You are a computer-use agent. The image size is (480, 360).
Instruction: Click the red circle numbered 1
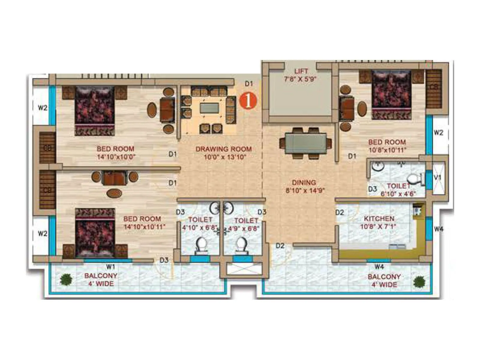pos(248,101)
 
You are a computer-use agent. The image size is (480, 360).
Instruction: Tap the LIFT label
pos(301,71)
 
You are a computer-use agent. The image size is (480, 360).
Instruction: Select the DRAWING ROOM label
pos(223,149)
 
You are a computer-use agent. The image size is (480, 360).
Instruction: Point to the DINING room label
pos(304,182)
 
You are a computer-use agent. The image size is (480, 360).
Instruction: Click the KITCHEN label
pos(379,218)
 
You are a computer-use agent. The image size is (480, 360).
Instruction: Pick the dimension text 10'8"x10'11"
pos(387,150)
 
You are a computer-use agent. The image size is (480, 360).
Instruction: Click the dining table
pos(305,143)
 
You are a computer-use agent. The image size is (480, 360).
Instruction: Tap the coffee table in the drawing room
pos(209,108)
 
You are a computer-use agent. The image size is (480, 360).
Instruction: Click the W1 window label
pos(111,266)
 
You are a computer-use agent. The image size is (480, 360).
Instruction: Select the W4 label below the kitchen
pos(379,266)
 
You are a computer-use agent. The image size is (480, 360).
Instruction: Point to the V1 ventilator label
pos(438,178)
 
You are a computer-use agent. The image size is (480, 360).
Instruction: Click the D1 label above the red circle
pos(249,84)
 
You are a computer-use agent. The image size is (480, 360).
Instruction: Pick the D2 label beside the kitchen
pos(340,212)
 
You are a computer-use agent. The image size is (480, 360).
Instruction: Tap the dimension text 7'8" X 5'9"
pos(301,79)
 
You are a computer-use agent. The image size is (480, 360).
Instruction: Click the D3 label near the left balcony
pos(164,260)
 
